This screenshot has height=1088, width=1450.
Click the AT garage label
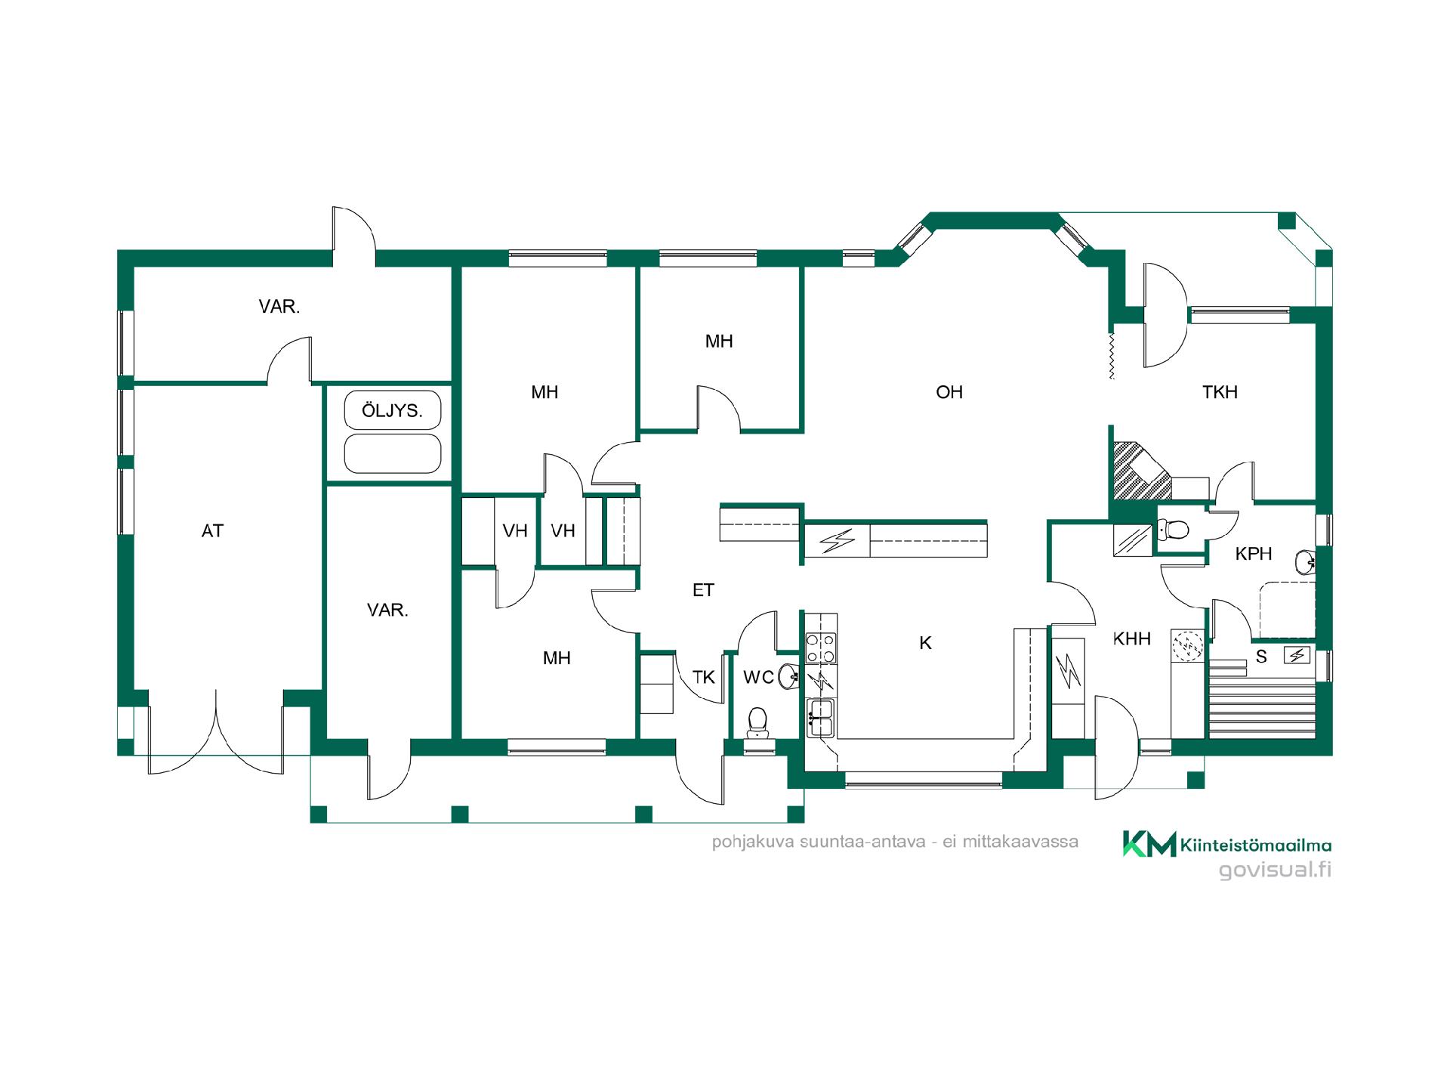tap(212, 531)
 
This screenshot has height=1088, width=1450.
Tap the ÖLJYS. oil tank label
tap(391, 410)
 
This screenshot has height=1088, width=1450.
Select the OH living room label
tap(949, 392)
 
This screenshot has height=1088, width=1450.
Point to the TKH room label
tap(1220, 392)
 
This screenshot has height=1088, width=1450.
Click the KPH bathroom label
tap(1254, 554)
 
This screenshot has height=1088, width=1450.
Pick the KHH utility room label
tap(1131, 639)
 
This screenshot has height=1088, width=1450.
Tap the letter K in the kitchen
tap(925, 643)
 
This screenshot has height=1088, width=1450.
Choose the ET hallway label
tap(703, 590)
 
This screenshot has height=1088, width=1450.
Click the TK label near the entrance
tap(704, 678)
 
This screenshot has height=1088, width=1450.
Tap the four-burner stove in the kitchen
tap(821, 648)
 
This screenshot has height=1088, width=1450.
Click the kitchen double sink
tap(820, 718)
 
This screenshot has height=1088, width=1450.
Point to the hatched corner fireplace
tap(1137, 471)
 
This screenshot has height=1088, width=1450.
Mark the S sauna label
tap(1261, 657)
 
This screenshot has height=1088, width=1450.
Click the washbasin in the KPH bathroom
tap(1306, 562)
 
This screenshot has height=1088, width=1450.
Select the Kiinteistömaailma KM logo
tap(1226, 844)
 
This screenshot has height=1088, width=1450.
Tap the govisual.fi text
tap(1275, 870)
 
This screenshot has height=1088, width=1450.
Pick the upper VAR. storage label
tap(279, 307)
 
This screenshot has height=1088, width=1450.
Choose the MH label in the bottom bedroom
tap(557, 658)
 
